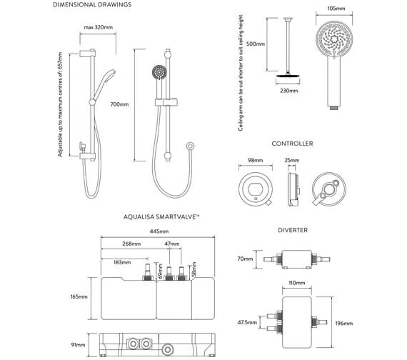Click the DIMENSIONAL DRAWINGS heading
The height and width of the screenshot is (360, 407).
(92, 5)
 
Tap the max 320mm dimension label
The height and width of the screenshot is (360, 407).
(99, 27)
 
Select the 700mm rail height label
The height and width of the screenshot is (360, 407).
(119, 104)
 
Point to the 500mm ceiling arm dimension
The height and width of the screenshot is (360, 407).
(256, 44)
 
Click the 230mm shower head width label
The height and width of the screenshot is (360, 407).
(289, 91)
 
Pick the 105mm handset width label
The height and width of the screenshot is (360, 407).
(336, 9)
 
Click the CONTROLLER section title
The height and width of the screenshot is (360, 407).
(292, 144)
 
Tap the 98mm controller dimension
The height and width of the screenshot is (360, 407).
(255, 160)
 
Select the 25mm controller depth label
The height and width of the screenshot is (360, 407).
(292, 160)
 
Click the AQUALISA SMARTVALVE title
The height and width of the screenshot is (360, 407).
(161, 216)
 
